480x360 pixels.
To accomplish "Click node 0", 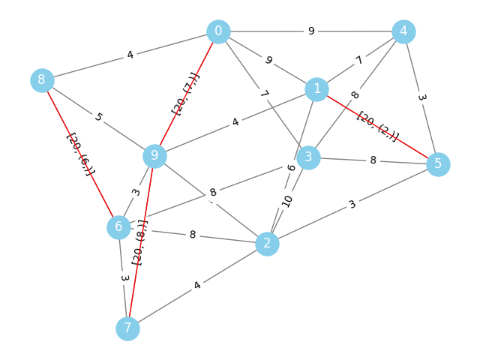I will tap(218, 31).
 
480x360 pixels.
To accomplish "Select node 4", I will tap(403, 31).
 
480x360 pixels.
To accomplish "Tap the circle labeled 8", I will tap(42, 79).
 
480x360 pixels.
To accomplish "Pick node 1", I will tap(317, 90).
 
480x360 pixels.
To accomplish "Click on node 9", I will tap(155, 156).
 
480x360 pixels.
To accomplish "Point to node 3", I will tap(308, 157).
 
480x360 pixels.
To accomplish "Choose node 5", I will tap(438, 164).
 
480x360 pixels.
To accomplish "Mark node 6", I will tap(119, 227).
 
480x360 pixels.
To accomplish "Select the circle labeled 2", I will tap(267, 244).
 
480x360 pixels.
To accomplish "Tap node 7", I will tap(128, 328).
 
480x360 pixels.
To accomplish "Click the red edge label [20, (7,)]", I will tap(186, 94).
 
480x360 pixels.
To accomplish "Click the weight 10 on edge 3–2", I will tap(287, 201).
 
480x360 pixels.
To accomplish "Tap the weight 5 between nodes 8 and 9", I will tap(98, 118).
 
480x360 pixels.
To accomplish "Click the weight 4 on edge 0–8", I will tap(130, 55).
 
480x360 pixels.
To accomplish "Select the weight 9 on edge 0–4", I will tap(311, 31).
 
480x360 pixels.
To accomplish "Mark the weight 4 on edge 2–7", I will tap(197, 286).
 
